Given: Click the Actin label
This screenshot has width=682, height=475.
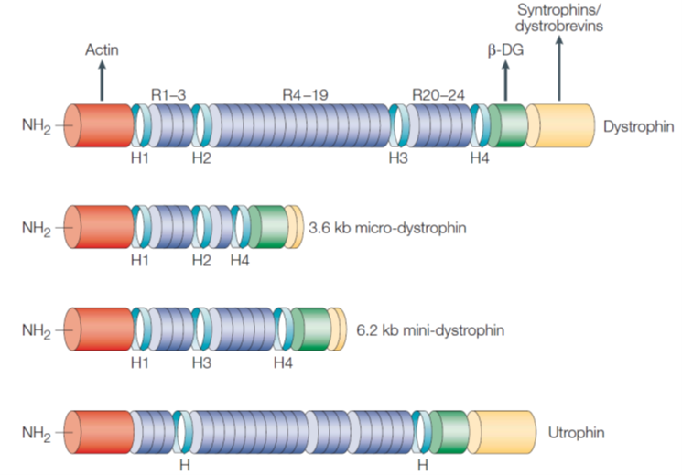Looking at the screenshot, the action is (102, 49).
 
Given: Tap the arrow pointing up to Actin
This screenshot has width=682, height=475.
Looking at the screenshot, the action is (102, 81).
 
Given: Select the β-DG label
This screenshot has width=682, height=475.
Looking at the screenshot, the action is (505, 50).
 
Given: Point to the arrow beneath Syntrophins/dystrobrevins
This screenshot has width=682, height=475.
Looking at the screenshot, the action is (559, 69).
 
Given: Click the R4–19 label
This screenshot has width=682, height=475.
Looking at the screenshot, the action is (306, 94).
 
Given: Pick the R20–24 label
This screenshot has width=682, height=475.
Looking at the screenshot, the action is (438, 94).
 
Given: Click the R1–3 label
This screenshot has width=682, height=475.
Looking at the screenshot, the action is (168, 94).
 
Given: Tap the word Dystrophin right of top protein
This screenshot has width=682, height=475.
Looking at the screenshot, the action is (638, 126).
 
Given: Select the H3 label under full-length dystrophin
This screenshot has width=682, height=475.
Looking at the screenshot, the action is (398, 158).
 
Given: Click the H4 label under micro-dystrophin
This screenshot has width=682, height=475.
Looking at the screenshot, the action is (240, 261).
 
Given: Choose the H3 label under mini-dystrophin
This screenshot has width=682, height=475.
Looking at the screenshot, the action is (201, 362).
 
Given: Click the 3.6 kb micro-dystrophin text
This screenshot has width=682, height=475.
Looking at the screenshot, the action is (387, 228).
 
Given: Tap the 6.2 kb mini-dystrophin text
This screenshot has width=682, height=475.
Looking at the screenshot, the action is (430, 330).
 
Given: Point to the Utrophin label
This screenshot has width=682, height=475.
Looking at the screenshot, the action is (577, 433).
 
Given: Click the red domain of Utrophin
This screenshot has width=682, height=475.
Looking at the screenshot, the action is (99, 432).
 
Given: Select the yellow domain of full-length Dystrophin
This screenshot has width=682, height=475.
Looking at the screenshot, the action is (560, 125).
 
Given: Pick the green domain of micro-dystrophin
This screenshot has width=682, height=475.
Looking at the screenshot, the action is (268, 227).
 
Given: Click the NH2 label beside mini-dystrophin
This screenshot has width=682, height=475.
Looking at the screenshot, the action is (37, 331).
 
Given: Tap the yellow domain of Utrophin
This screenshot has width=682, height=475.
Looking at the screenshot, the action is (502, 432).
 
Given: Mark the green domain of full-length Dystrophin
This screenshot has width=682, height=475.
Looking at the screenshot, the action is (508, 125).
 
